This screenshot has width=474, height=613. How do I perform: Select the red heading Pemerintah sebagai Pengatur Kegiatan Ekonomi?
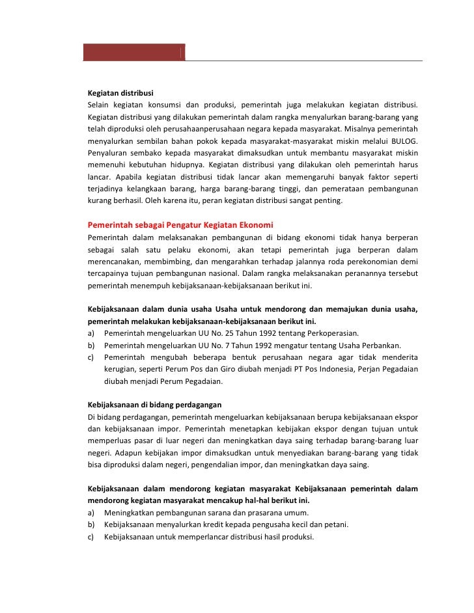(180, 225)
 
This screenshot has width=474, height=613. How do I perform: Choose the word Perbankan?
(379, 345)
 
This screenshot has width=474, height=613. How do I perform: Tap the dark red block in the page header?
(133, 52)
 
